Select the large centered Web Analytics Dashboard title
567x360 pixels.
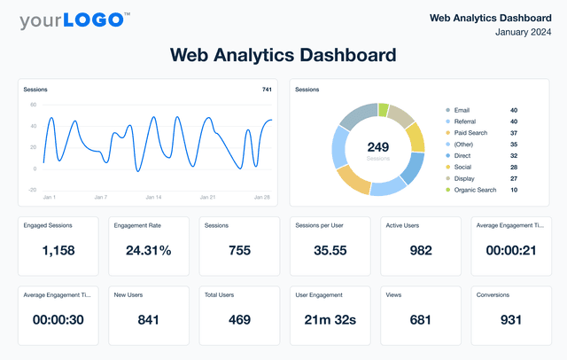(283, 56)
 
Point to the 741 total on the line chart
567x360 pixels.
(267, 90)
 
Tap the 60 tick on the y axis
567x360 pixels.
(33, 105)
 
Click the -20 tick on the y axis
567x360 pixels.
(32, 190)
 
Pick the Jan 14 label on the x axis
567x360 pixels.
(153, 197)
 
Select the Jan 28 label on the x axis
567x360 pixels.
(263, 197)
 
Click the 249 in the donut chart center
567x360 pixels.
(378, 147)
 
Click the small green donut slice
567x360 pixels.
(384, 110)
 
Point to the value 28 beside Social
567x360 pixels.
(514, 167)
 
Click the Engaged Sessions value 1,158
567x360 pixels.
(58, 251)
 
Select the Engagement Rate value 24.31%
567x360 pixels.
(149, 251)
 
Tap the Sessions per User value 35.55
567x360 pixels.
(330, 251)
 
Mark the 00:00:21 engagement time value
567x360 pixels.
(511, 251)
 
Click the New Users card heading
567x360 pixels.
(129, 295)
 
